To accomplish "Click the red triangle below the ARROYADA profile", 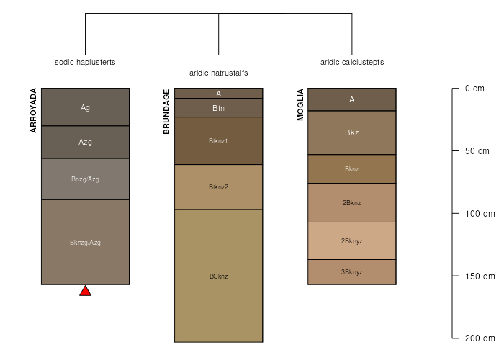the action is [85, 291].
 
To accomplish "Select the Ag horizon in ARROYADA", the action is [85, 107].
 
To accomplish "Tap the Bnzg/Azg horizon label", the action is [85, 179].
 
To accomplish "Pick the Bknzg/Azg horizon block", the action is [85, 242].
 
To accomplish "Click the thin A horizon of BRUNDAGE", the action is [219, 93].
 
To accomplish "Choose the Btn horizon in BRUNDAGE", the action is [219, 108].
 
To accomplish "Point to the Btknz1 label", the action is [218, 141].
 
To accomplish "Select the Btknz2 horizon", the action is [219, 187].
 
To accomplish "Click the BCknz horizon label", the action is [219, 276].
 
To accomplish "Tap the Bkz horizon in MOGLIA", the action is [352, 132].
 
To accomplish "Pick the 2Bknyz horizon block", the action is [352, 240].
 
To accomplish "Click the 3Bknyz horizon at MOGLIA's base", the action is [352, 272].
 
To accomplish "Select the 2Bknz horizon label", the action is [351, 203].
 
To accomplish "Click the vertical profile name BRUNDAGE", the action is [166, 112].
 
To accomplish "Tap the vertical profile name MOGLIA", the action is [300, 104].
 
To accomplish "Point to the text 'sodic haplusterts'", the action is [85, 62].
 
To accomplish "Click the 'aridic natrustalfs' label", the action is [219, 73].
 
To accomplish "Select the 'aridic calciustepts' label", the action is [352, 62].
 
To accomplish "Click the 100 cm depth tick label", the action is [480, 213].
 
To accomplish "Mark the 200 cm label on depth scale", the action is [480, 338].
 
